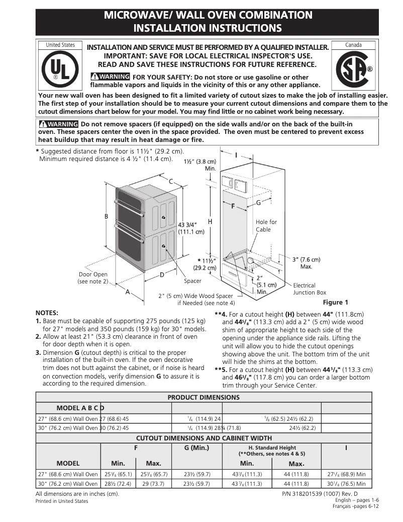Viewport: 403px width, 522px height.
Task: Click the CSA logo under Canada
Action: pyautogui.click(x=354, y=69)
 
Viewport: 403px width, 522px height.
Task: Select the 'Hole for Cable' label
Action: pyautogui.click(x=266, y=226)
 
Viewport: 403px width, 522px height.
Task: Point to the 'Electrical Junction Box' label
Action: pyautogui.click(x=310, y=289)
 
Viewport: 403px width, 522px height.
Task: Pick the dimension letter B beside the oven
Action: pyautogui.click(x=106, y=216)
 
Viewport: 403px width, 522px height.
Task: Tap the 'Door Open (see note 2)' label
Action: pyautogui.click(x=93, y=278)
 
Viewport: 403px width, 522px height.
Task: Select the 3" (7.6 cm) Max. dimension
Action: pyautogui.click(x=306, y=262)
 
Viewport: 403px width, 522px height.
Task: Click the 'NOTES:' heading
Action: pyautogui.click(x=47, y=313)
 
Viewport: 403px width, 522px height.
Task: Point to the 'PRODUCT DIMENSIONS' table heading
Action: pyautogui.click(x=204, y=397)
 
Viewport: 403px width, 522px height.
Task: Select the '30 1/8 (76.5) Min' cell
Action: pyautogui.click(x=346, y=484)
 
